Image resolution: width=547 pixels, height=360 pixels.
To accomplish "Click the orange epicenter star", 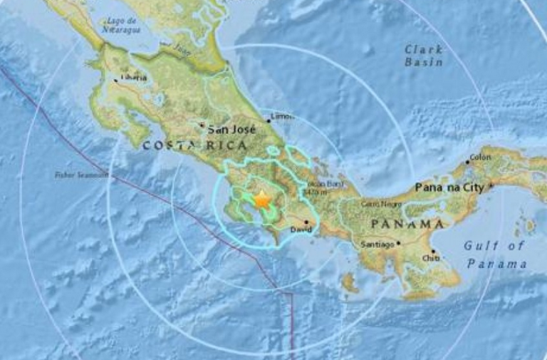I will [x=262, y=200].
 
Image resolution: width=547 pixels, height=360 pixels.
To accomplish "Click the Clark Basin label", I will [x=424, y=56].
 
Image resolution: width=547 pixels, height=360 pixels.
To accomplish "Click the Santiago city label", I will [x=378, y=245].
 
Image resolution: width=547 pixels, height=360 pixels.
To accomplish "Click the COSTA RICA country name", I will [x=194, y=145].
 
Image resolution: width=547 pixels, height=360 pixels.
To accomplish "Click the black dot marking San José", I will [x=202, y=126].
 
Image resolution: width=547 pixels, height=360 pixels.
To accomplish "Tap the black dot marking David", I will [x=306, y=222].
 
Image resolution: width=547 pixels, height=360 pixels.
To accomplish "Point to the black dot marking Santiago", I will [x=399, y=243].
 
